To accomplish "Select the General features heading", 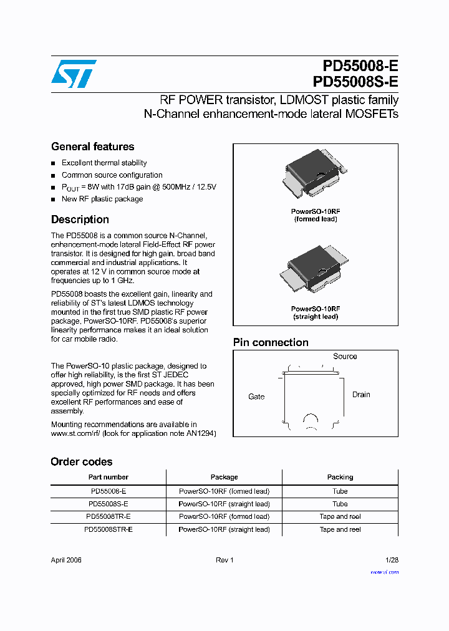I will [x=92, y=147].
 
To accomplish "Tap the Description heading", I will [x=80, y=219].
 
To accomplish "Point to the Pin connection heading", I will [x=271, y=342].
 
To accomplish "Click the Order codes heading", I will [x=82, y=462].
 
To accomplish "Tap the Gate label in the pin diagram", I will [x=256, y=397].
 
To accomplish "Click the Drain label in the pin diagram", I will [x=361, y=395].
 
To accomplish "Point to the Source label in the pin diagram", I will [x=345, y=357].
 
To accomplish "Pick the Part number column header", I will [x=109, y=477].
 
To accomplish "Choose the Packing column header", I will [x=340, y=477].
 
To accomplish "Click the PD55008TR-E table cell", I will [x=109, y=516].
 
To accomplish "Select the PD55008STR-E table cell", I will [x=109, y=529].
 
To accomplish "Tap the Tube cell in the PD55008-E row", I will [x=340, y=491].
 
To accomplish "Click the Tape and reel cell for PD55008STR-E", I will [x=340, y=529].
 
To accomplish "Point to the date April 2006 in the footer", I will [x=66, y=560].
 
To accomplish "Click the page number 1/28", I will [x=392, y=560].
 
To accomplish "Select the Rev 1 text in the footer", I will [x=224, y=560].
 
